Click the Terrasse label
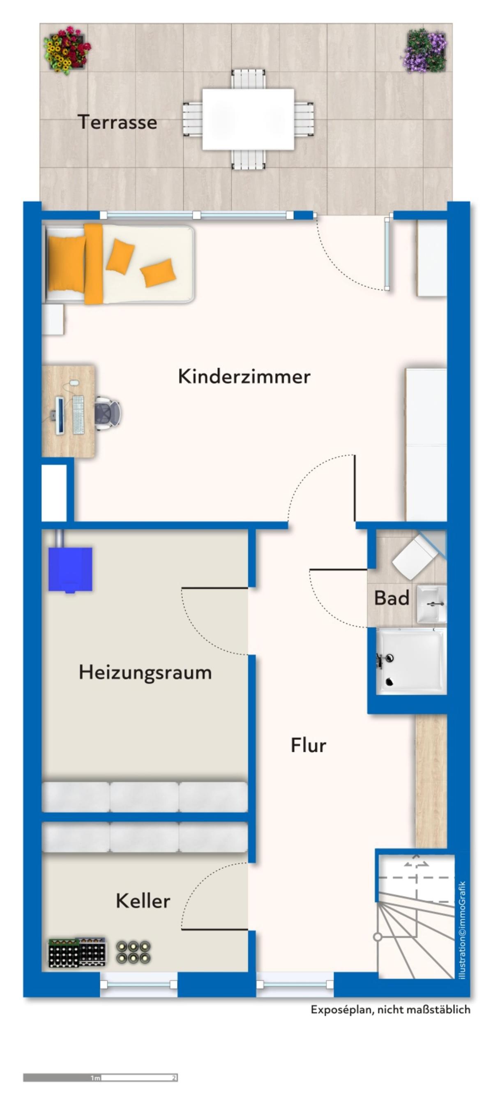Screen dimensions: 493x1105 tap(117, 122)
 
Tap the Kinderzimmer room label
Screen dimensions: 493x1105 tap(244, 376)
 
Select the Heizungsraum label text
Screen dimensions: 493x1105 tap(145, 672)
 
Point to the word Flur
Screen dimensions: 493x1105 tap(308, 745)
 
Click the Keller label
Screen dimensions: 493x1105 tap(143, 901)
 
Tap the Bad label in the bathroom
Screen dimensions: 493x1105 tap(392, 598)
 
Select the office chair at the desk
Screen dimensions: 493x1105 tap(108, 413)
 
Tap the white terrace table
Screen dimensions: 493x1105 tap(248, 119)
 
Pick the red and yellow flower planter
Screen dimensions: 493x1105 tap(67, 50)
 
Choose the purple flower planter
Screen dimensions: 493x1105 tap(424, 51)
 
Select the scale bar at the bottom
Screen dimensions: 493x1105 tap(100, 1077)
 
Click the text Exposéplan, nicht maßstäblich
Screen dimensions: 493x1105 tap(391, 1010)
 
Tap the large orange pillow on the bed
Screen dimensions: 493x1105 tap(67, 264)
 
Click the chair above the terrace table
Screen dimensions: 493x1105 tap(248, 79)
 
